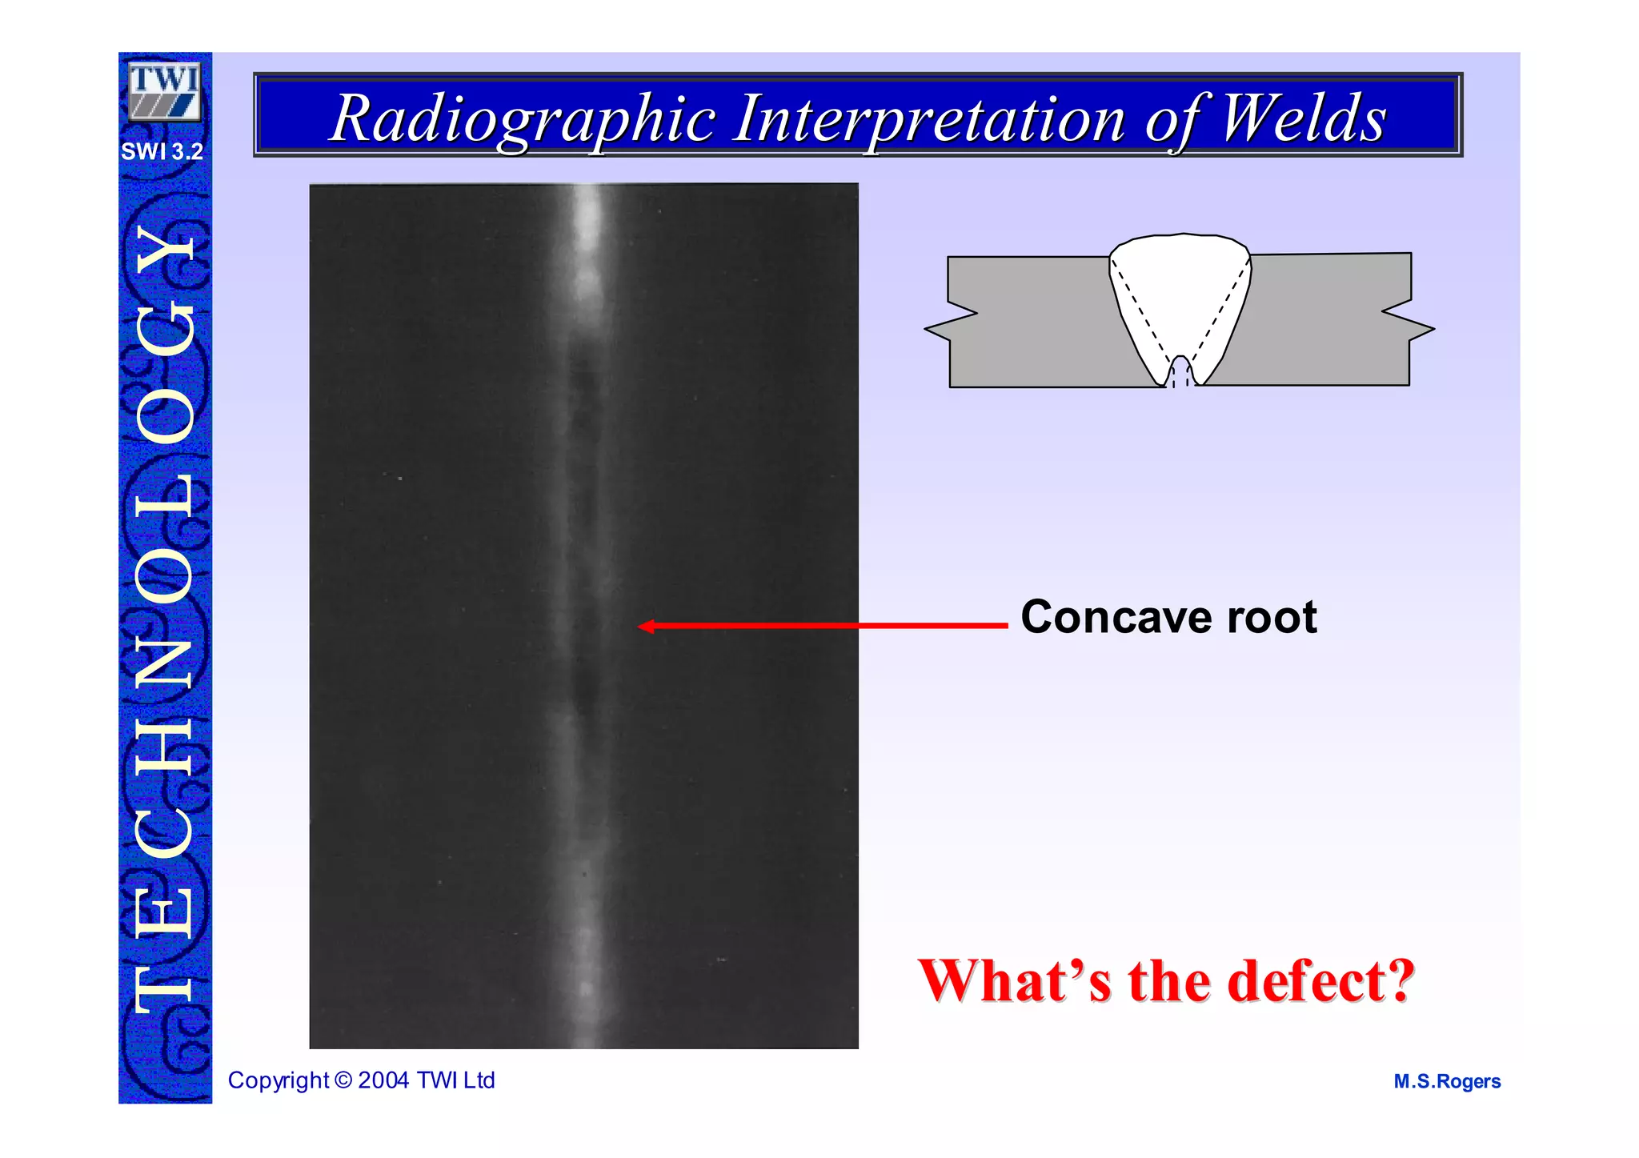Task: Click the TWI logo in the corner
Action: pos(164,91)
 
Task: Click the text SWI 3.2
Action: pos(162,151)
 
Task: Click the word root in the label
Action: pos(1272,618)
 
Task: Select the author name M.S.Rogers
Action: pos(1447,1082)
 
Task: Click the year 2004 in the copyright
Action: pos(384,1080)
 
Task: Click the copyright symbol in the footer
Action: pos(343,1080)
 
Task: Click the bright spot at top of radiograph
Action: pos(588,216)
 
